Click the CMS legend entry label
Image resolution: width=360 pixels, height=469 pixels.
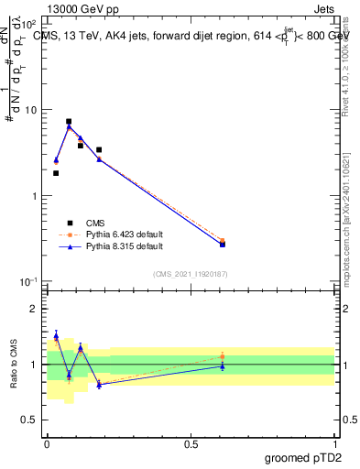(x=96, y=223)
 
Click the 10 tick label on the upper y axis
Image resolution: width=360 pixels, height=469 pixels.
(x=29, y=110)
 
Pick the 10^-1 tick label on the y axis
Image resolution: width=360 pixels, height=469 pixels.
(x=27, y=282)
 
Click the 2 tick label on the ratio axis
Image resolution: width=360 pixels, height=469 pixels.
(x=34, y=309)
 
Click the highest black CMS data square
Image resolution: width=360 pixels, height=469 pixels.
(x=69, y=121)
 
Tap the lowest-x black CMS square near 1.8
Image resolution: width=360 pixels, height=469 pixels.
(x=56, y=173)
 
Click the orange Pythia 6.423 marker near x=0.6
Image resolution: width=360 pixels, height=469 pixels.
(x=223, y=241)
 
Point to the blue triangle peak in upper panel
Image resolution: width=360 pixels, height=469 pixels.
(x=69, y=127)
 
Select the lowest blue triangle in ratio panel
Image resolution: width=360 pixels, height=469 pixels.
(x=99, y=385)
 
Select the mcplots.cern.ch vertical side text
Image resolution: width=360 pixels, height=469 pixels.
(x=345, y=229)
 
